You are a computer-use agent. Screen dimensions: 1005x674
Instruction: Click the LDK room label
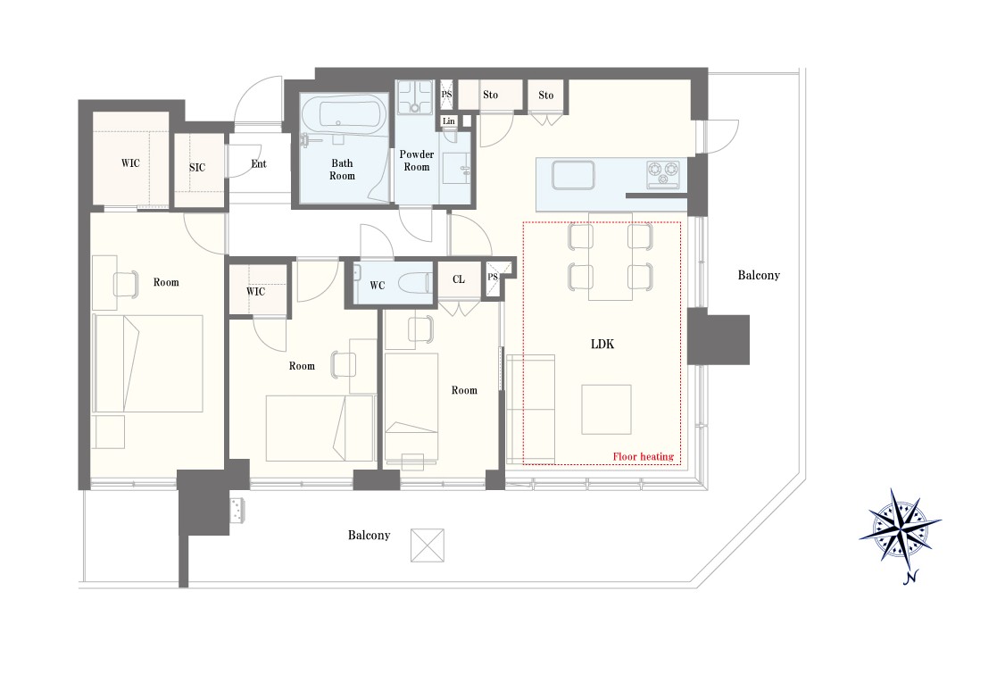tap(602, 345)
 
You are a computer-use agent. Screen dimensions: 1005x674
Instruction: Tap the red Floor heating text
tap(643, 456)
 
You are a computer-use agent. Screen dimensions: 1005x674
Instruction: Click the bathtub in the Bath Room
tap(343, 117)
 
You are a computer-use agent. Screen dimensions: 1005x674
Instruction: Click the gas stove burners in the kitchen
tap(663, 174)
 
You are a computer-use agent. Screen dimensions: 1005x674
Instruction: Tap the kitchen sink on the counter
tap(573, 175)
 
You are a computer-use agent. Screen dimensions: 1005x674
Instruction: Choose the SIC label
tap(196, 167)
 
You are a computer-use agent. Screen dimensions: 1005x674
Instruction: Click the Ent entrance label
tap(258, 164)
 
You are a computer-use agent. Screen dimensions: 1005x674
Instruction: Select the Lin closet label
tap(449, 121)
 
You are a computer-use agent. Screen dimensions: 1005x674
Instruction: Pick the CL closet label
tap(458, 279)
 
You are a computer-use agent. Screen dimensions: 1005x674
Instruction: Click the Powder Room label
tap(417, 161)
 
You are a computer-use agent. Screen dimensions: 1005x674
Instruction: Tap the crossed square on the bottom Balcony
tap(427, 545)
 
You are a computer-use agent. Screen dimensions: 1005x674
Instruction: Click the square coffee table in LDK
tap(606, 410)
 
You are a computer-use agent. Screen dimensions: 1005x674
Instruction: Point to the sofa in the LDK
tap(530, 409)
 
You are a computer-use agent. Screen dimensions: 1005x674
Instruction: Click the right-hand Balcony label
tap(759, 275)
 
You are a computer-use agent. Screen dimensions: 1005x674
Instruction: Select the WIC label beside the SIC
tap(130, 162)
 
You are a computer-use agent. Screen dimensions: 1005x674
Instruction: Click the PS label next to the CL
tap(493, 277)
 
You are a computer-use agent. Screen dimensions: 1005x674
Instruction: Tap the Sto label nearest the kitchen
tap(545, 95)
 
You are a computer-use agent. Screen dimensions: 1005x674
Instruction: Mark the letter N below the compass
tap(909, 578)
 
